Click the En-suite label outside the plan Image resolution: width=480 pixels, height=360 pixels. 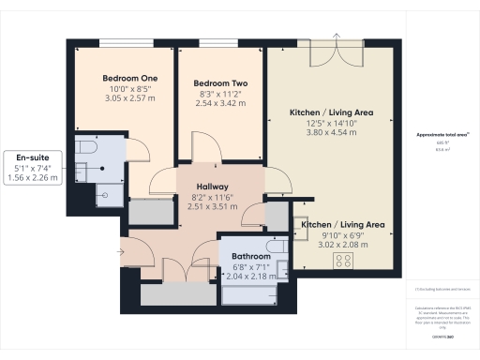tap(32, 157)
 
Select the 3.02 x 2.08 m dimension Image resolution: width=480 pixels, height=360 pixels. tap(343, 245)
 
